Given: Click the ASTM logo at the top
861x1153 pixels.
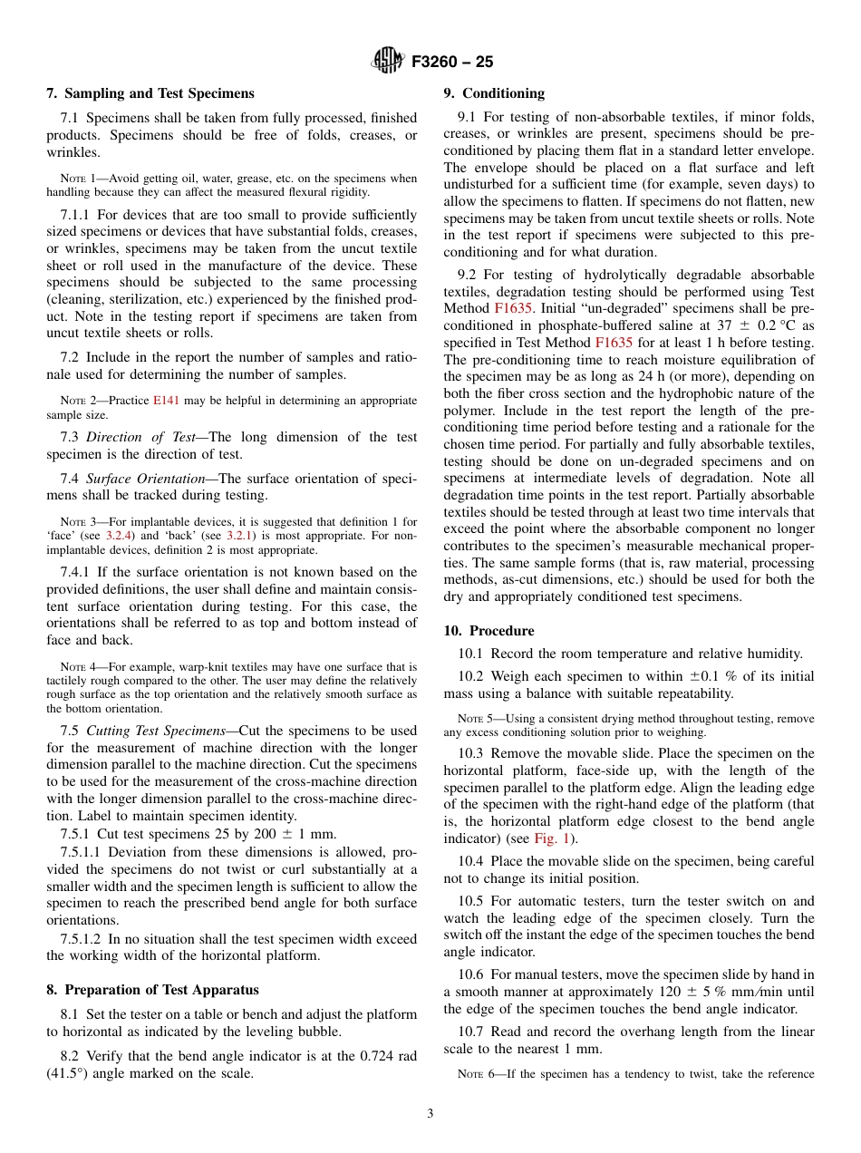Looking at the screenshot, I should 388,62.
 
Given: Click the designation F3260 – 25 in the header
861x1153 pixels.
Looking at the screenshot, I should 452,62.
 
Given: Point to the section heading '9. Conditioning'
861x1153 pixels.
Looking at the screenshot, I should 494,93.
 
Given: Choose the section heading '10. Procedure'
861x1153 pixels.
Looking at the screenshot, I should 489,631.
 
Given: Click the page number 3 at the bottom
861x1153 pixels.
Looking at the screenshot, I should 430,1113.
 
